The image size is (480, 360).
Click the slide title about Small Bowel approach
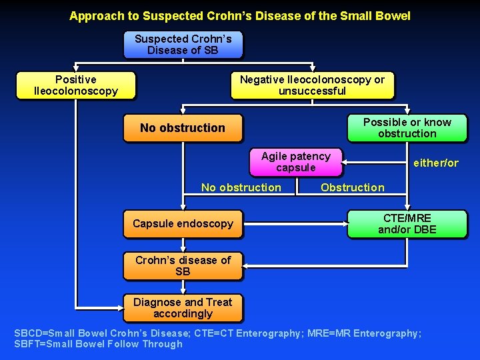[x=240, y=15]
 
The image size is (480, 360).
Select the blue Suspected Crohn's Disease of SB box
[x=183, y=45]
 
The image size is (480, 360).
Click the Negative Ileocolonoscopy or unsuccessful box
[x=312, y=85]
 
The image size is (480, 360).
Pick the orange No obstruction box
[x=182, y=128]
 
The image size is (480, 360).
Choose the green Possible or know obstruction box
[x=407, y=128]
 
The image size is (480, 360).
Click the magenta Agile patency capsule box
[x=295, y=162]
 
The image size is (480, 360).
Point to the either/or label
[x=436, y=163]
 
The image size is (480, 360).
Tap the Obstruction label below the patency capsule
[x=352, y=187]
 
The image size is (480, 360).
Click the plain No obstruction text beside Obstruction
[x=241, y=187]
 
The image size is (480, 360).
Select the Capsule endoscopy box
[x=183, y=224]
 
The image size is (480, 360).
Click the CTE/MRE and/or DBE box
[x=407, y=224]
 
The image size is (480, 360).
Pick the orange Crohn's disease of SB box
[x=183, y=266]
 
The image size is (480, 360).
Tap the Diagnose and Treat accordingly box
[x=183, y=308]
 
